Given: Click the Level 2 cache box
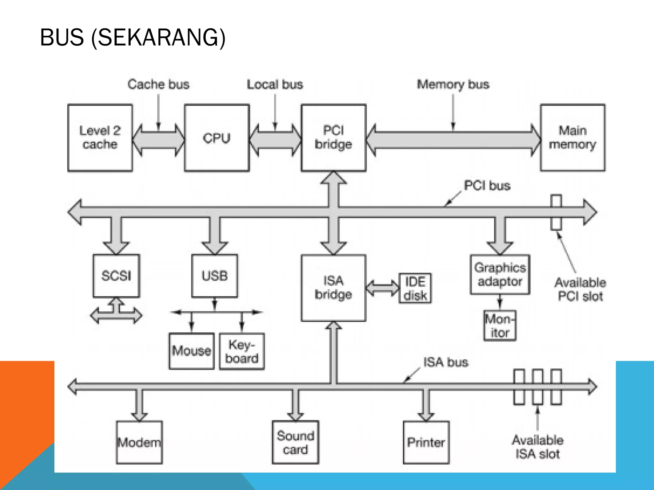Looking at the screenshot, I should pos(100,138).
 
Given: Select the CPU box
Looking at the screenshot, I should pos(217,138).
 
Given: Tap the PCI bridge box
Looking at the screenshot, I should pos(333,138).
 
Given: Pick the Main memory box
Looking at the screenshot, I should pos(573,138).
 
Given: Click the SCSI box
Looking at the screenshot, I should pos(116,276).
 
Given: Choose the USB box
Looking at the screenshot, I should pos(215,276).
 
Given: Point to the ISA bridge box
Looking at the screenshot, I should pos(333,288).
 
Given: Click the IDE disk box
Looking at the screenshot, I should pos(415,288).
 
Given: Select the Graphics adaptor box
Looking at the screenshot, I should pos(500,274).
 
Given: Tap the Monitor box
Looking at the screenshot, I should pos(500,326).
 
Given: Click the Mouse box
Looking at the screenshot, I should pos(192,351).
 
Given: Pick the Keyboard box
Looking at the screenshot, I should pos(242,351).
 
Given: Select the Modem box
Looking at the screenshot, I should pos(139,442).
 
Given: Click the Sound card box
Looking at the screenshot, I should pos(295,442).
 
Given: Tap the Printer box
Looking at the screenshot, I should pos(426,442).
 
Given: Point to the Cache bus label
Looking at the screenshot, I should pos(158,85).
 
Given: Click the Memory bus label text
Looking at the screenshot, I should pos(453,85).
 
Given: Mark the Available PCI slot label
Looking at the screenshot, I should pos(580,289).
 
